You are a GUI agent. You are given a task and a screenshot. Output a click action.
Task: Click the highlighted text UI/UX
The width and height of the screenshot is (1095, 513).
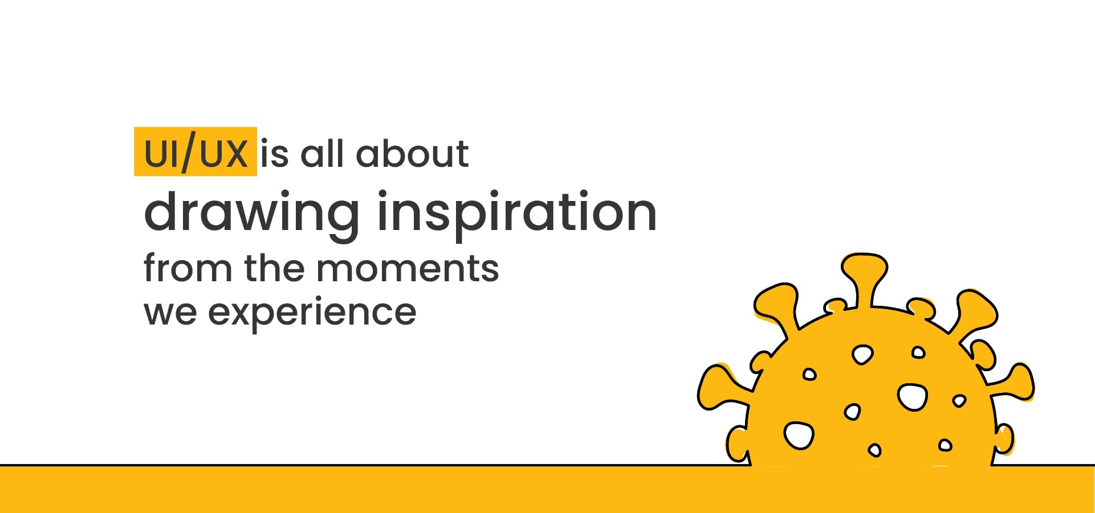[196, 153]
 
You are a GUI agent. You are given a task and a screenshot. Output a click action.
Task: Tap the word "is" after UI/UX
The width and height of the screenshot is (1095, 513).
[274, 153]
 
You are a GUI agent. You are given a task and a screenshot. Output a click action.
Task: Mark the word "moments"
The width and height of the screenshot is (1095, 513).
[408, 268]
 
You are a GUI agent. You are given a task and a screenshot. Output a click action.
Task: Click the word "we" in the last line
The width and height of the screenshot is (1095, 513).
[170, 312]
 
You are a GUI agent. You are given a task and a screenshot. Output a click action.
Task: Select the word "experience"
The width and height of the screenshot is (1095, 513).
[312, 313]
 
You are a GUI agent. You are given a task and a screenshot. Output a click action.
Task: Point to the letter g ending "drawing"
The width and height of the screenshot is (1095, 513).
[340, 221]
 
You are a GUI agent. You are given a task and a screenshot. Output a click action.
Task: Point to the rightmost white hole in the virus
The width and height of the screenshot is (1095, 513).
[959, 401]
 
